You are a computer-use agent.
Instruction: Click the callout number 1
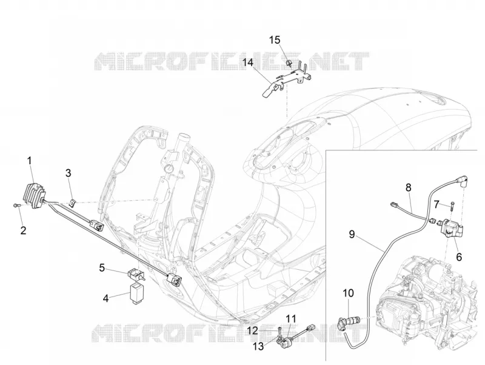tap(30, 161)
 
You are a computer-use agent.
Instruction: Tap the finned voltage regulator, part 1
tap(35, 194)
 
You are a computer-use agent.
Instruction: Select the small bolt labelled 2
tap(16, 205)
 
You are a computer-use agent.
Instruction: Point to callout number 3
tap(68, 173)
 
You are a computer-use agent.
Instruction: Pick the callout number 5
tap(102, 267)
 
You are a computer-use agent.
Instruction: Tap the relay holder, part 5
tap(135, 274)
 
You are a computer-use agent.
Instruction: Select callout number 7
tap(436, 204)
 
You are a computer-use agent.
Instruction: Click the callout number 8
tap(409, 187)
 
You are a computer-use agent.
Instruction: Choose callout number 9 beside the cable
tap(352, 234)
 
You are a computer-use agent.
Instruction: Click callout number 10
tap(348, 293)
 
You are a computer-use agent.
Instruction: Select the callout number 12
tap(252, 331)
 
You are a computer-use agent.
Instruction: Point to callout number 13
tap(258, 346)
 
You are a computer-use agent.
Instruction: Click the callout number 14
tap(248, 62)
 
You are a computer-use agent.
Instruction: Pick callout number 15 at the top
tap(275, 40)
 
